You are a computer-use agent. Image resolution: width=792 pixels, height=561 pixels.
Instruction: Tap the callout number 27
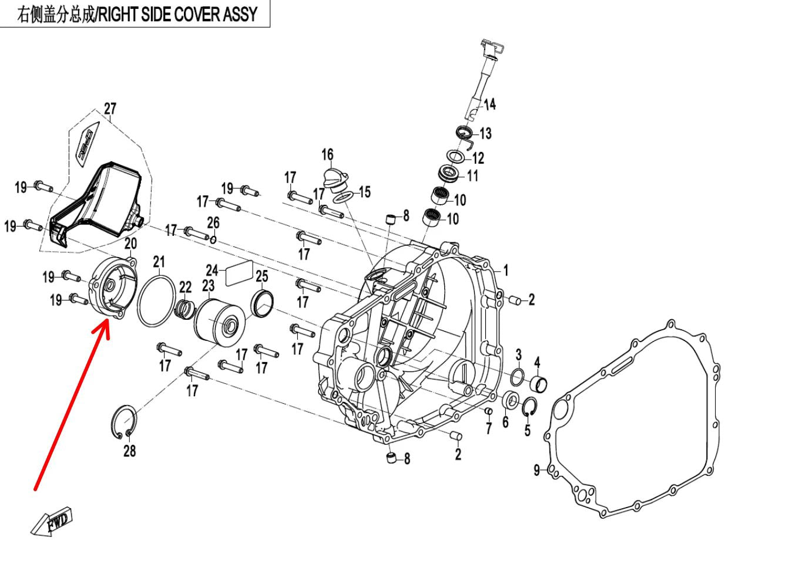tap(110, 109)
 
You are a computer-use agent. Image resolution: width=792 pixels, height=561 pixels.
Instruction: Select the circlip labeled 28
tap(124, 421)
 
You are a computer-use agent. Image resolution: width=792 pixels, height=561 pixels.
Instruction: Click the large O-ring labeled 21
tap(157, 300)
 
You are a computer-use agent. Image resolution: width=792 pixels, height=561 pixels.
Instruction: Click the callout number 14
tap(489, 104)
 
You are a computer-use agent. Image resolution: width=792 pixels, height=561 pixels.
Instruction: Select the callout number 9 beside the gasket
tap(536, 470)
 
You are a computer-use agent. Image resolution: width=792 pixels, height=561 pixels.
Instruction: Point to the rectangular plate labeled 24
tap(238, 273)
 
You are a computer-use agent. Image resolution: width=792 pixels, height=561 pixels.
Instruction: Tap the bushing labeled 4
tap(539, 384)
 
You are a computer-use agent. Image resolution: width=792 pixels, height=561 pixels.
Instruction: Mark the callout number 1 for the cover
tap(506, 271)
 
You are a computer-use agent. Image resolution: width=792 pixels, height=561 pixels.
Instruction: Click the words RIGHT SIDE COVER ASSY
tap(177, 14)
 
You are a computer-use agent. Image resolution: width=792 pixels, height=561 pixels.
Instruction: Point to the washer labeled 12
tap(456, 156)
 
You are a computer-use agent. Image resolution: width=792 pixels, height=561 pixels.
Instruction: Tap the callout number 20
tap(130, 244)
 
